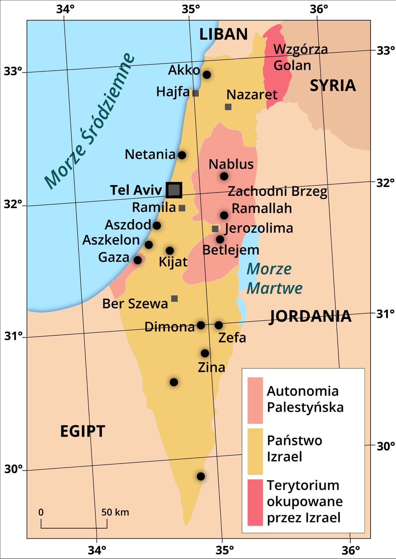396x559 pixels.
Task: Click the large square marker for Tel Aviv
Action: pos(174,190)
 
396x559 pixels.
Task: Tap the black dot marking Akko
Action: pos(207,74)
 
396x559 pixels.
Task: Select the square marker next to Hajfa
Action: pos(196,93)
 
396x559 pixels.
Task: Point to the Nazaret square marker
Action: pos(228,107)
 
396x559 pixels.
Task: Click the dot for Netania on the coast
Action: pos(182,155)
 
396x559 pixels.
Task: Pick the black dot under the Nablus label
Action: pos(224,176)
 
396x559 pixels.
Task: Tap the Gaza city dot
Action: pos(138,260)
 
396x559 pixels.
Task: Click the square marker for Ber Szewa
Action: pos(174,298)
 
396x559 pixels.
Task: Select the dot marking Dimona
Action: pos(201,325)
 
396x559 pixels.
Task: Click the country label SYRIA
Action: pos(333,86)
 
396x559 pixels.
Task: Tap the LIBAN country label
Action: pos(223,34)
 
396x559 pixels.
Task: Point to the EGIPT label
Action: pos(82,431)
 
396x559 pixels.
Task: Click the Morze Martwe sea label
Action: pos(274,278)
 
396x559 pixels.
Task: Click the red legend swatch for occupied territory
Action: pos(255,502)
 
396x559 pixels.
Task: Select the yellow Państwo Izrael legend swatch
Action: pos(255,451)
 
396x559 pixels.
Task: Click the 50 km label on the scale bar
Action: pos(115,512)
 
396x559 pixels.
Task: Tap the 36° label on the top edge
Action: pos(319,9)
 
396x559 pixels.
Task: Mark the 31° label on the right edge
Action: pos(385,314)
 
